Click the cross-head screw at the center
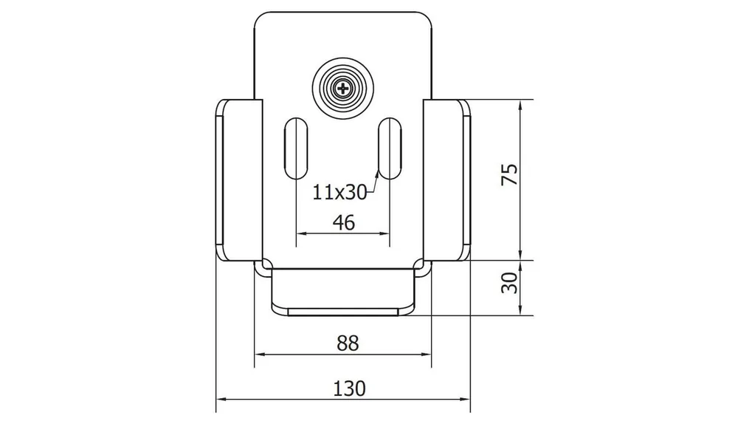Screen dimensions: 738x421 click(x=343, y=88)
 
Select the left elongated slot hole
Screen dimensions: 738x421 click(x=296, y=148)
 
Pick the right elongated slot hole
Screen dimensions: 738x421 click(x=390, y=148)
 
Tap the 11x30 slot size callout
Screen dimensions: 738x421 click(x=339, y=192)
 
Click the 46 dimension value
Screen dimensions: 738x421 click(x=344, y=222)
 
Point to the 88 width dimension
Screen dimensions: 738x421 click(x=348, y=343)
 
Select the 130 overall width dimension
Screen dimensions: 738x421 click(x=349, y=389)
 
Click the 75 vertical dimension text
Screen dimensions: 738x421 click(x=510, y=174)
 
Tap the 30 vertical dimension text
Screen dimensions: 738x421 click(x=510, y=283)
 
